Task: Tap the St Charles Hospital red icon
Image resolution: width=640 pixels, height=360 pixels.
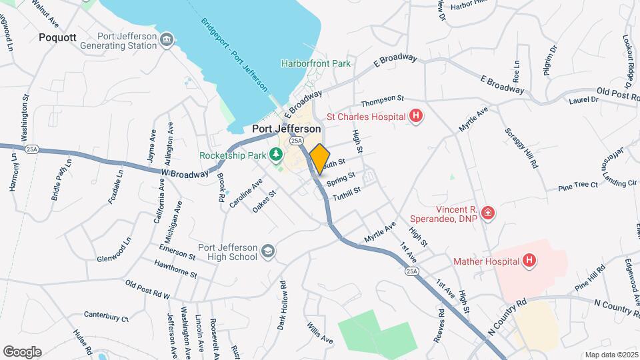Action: (x=416, y=117)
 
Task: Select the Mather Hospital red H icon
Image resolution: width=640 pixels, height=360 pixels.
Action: (x=529, y=260)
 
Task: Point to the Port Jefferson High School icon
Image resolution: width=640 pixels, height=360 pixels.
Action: (x=267, y=251)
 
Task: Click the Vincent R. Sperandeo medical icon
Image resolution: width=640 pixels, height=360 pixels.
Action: (x=489, y=213)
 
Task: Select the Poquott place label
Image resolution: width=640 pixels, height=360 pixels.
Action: (x=59, y=37)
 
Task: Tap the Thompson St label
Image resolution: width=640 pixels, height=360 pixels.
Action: (x=383, y=101)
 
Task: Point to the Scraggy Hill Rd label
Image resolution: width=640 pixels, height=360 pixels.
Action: (x=521, y=147)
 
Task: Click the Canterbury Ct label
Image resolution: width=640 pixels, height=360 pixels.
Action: (x=106, y=316)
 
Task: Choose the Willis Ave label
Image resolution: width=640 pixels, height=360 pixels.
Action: (x=319, y=333)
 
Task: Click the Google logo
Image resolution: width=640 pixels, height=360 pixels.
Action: (x=22, y=351)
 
